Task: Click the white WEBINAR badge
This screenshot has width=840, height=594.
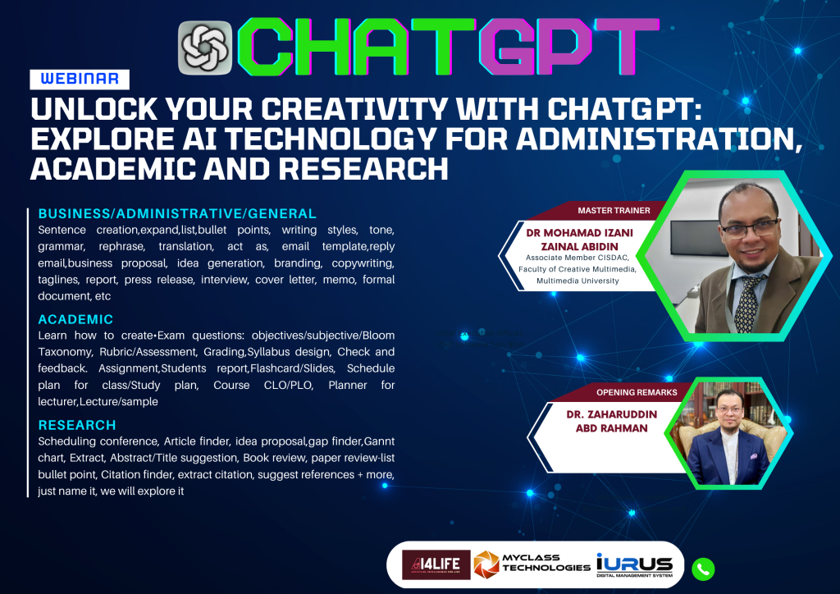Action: [x=80, y=80]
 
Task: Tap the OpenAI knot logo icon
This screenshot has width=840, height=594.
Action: [x=204, y=48]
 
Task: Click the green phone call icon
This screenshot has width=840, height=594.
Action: [x=703, y=569]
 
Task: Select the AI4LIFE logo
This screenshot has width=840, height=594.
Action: [x=436, y=564]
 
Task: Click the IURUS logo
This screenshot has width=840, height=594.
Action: [x=634, y=565]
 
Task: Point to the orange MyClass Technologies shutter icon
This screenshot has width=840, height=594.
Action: [x=486, y=564]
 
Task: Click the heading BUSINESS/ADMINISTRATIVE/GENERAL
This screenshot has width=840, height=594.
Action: [x=177, y=213]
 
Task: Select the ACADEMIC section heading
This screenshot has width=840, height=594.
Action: [x=75, y=319]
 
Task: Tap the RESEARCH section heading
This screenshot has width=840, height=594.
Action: [x=77, y=425]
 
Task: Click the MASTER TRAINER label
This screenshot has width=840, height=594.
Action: [x=614, y=211]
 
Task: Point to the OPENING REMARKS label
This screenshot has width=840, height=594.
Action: [x=637, y=392]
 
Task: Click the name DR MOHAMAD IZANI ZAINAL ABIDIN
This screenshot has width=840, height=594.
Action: [x=580, y=240]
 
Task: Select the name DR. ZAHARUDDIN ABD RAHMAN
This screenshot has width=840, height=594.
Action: [x=612, y=421]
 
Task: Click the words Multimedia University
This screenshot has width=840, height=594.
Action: [x=577, y=281]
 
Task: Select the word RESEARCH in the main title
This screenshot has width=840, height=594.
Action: [x=363, y=169]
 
